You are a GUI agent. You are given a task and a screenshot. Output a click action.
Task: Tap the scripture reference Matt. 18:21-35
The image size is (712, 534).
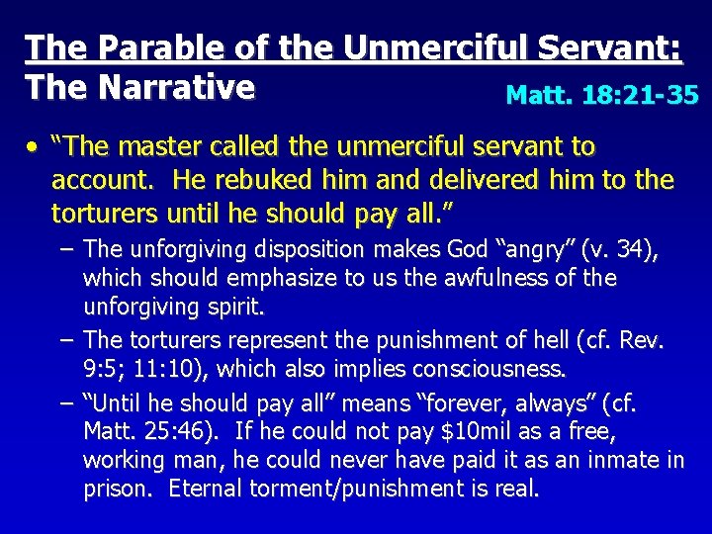point(602,95)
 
